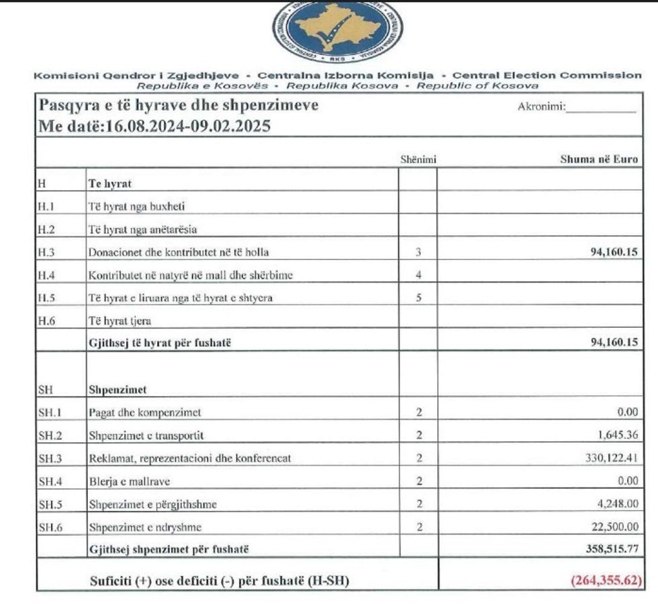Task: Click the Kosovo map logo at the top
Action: (x=337, y=27)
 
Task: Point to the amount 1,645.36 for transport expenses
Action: (x=616, y=435)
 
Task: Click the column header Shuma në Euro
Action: (x=598, y=159)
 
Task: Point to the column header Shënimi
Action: (x=418, y=159)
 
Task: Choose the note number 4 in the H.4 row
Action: (x=418, y=275)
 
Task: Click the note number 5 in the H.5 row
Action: (x=418, y=298)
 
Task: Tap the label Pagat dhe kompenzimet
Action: (x=144, y=413)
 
